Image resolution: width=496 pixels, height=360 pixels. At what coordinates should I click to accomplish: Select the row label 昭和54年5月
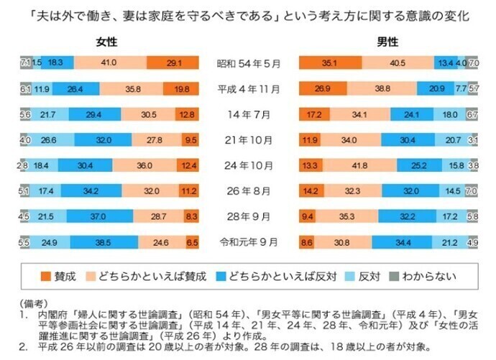[249, 63]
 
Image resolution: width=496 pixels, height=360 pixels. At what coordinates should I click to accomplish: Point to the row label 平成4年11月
[249, 89]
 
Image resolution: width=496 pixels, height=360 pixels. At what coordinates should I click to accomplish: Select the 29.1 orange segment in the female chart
[173, 63]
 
